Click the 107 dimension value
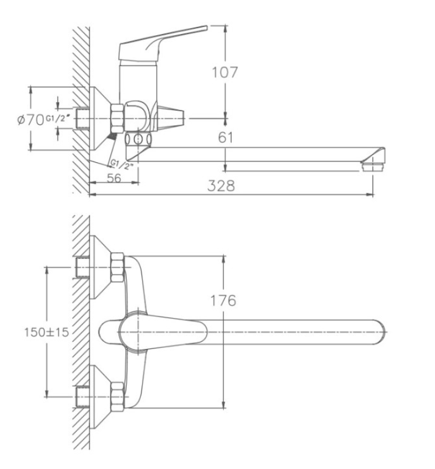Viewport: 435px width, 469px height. pos(225,72)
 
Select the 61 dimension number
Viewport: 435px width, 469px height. pos(226,138)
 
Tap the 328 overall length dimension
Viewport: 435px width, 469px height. pos(222,186)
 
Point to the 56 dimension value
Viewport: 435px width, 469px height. pos(114,179)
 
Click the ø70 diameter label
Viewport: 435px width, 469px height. pos(31,120)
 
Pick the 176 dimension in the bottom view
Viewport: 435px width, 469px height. pos(224,300)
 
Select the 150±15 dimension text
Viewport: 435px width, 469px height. pos(46,331)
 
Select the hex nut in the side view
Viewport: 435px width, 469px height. pos(116,116)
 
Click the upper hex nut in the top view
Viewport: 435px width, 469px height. pos(116,266)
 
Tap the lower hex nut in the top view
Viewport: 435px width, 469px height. pos(116,396)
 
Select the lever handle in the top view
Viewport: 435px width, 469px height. pos(155,331)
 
